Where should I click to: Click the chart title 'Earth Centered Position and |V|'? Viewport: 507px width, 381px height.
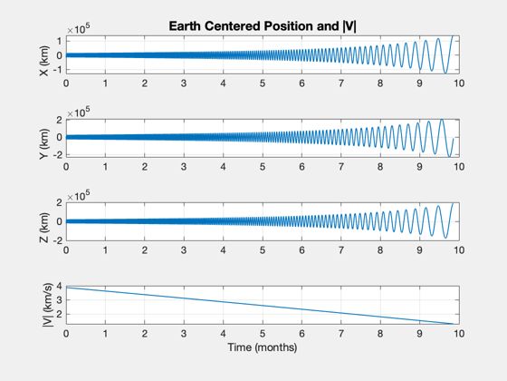click(263, 26)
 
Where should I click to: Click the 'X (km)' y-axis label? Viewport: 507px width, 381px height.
click(44, 61)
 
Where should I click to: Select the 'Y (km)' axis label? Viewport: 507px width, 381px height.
click(44, 144)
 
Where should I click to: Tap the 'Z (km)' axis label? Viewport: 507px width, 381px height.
click(44, 228)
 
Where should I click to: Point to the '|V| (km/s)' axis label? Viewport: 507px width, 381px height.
click(47, 305)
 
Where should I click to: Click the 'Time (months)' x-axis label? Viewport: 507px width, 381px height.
click(263, 347)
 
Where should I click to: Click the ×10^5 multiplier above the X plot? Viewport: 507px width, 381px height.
click(79, 29)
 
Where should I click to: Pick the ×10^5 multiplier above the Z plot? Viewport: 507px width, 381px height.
click(79, 196)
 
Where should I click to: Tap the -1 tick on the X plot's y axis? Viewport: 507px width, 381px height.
click(59, 70)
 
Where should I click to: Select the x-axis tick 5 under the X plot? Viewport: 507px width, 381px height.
click(263, 83)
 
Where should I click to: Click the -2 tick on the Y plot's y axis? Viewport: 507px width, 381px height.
click(59, 155)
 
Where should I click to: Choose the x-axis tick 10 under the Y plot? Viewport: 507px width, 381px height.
click(459, 167)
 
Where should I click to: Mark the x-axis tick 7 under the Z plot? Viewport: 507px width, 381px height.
click(340, 250)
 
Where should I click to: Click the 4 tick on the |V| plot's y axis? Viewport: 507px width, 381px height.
click(59, 286)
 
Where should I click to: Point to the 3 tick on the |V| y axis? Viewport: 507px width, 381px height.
click(59, 300)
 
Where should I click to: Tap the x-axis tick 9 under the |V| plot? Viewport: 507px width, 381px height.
click(419, 334)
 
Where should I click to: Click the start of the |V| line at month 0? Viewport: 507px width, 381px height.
click(66, 288)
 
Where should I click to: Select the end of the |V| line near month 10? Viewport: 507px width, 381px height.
click(453, 324)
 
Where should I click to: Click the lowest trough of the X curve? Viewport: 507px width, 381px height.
click(445, 73)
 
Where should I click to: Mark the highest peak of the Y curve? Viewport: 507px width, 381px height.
click(442, 120)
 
